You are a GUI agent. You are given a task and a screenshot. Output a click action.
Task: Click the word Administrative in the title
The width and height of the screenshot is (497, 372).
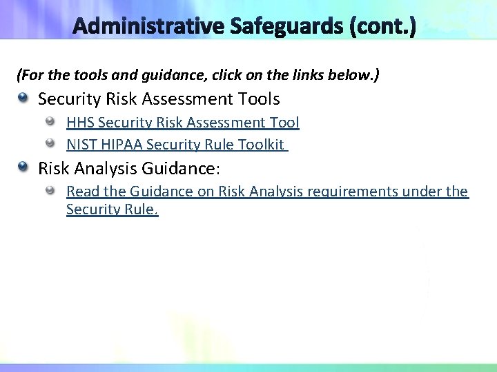coord(150,28)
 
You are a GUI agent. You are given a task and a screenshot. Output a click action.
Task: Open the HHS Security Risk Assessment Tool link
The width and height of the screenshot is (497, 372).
coord(182,123)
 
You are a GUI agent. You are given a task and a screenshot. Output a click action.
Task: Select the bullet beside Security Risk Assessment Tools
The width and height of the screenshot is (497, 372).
coord(24,99)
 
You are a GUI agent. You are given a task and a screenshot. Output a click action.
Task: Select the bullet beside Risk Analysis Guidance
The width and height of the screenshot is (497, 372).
coord(24,167)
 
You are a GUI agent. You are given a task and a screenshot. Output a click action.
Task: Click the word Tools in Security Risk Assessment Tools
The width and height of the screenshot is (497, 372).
coord(257,99)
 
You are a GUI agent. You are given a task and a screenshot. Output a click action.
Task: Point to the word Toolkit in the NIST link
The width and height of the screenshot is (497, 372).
coord(261,144)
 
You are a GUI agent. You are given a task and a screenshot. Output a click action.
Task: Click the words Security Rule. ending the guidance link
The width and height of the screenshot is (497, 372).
coord(112,210)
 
